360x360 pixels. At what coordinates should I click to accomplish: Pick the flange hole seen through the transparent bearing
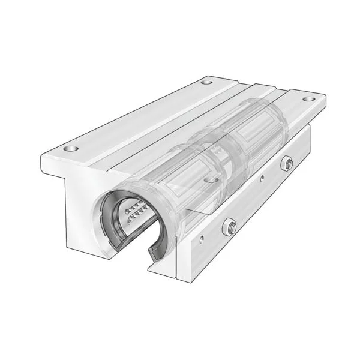pos(212,178)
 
